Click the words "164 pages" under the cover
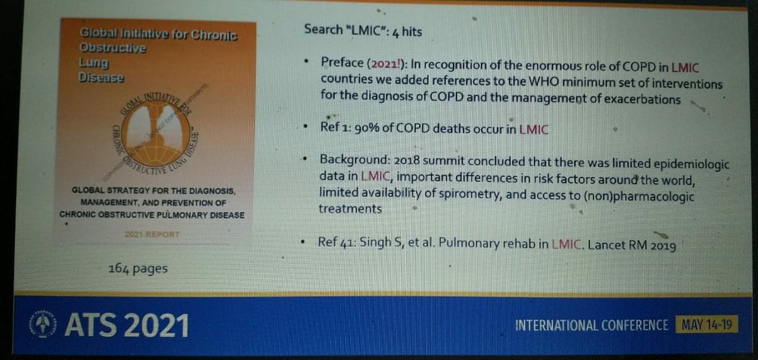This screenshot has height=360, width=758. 138,269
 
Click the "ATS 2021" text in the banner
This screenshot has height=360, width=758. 126,326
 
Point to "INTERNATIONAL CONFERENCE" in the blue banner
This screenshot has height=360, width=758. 591,326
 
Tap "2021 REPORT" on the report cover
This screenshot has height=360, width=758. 152,234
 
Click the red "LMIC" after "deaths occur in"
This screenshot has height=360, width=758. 534,129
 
